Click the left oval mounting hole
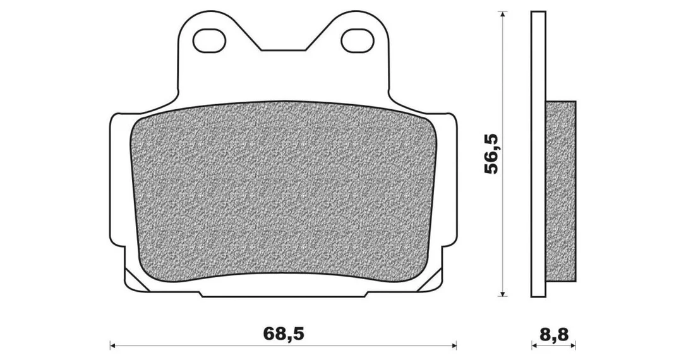[210, 40]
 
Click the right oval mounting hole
[358, 40]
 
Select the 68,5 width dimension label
[283, 334]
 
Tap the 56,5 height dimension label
[491, 154]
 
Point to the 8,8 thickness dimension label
[554, 335]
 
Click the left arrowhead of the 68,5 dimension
[112, 345]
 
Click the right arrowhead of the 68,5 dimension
[454, 345]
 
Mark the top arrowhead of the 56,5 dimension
[503, 15]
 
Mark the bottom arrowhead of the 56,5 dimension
[503, 293]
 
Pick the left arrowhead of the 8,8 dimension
[534, 345]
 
